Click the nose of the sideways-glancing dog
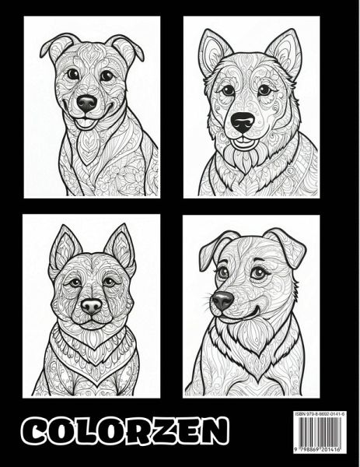tap(222, 300)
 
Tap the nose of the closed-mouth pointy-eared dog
tap(91, 306)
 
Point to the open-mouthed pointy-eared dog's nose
tap(243, 121)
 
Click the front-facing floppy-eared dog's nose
tap(86, 103)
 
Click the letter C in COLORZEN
tap(35, 431)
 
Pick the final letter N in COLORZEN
tap(214, 431)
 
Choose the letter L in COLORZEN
tap(87, 431)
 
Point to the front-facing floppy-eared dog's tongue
tap(84, 123)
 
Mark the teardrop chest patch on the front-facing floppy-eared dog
tap(87, 147)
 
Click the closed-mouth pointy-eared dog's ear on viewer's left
tap(65, 248)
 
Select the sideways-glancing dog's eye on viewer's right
tap(257, 272)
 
